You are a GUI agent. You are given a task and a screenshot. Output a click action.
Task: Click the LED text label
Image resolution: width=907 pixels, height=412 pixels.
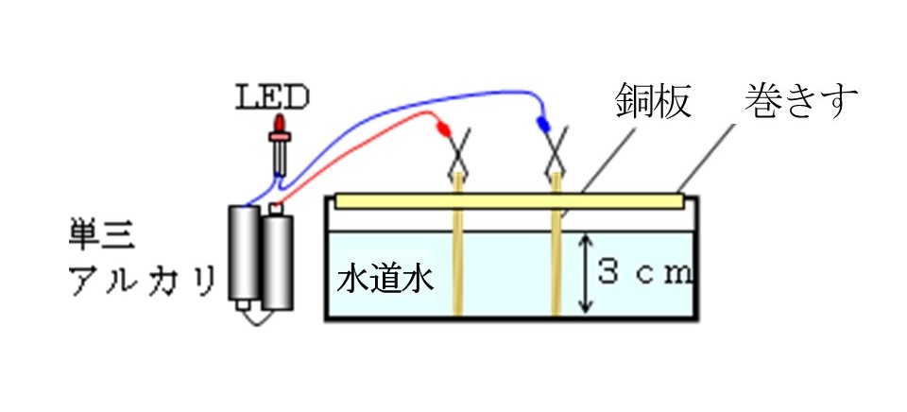coord(272,97)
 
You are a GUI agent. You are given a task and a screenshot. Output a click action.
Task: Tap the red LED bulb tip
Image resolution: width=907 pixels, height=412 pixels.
coord(280,123)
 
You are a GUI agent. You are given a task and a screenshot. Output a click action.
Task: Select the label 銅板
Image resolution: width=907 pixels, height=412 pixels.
coord(653,101)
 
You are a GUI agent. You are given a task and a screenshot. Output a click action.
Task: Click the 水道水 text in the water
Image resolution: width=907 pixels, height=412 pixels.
coord(385,282)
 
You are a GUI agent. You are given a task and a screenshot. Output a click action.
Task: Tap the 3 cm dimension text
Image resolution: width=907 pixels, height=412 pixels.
coord(644,272)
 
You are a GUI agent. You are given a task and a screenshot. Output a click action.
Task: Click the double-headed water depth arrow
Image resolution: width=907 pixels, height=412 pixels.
coord(587,272)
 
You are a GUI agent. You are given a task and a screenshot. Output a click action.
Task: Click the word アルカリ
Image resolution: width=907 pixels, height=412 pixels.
coord(143,282)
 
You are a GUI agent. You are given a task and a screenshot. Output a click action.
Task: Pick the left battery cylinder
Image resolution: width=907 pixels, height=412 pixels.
coord(244,253)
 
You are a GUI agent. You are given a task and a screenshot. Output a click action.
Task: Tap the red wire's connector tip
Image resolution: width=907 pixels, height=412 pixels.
coord(442,129)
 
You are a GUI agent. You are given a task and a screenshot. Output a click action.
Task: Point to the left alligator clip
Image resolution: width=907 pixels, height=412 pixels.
coord(457,155)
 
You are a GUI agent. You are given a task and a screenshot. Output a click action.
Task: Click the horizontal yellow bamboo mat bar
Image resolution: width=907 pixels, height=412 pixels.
coord(509,200)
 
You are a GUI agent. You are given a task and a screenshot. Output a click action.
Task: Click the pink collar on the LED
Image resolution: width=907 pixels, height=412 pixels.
coord(280,137)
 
